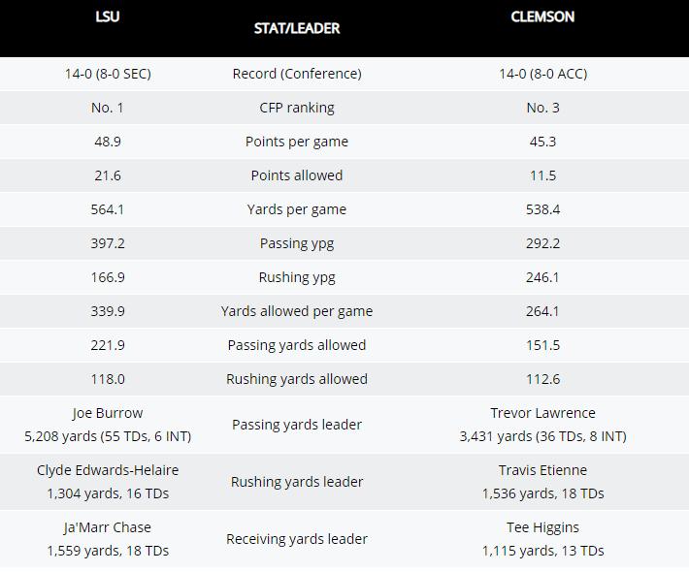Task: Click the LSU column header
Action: (x=108, y=16)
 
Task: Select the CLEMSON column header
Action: (x=542, y=16)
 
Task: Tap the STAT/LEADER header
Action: (x=297, y=28)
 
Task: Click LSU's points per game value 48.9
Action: (x=108, y=142)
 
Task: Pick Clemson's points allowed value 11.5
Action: (x=542, y=175)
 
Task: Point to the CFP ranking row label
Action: (x=297, y=108)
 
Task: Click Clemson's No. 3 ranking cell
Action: (x=542, y=108)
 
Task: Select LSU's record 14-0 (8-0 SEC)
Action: (x=108, y=74)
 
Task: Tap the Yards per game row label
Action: (x=297, y=209)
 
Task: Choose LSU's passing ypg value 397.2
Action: (x=108, y=243)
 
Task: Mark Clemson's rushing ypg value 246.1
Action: (x=542, y=277)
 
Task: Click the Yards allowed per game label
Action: (x=297, y=311)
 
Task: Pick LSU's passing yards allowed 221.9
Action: (x=108, y=345)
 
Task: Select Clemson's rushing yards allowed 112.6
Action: (x=542, y=379)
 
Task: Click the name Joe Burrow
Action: (x=108, y=413)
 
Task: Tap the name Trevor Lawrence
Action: (x=542, y=413)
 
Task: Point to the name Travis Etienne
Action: (x=542, y=470)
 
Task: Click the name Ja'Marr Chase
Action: (x=108, y=527)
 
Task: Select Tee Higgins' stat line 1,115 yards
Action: (x=542, y=551)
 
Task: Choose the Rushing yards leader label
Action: (x=297, y=482)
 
